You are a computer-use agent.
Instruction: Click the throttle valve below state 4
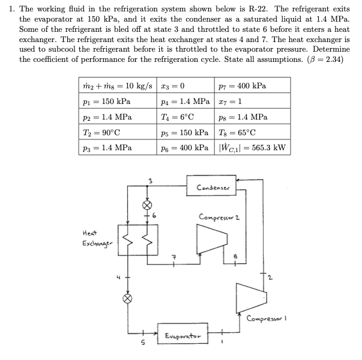(x=127, y=298)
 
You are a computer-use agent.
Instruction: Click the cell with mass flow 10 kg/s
(x=118, y=86)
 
